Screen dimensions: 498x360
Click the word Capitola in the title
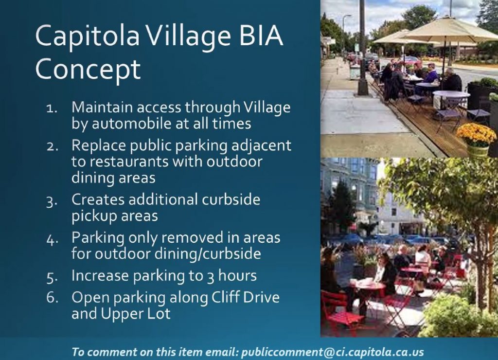(x=88, y=36)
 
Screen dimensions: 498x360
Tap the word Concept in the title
(x=88, y=69)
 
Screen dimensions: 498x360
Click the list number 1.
(x=52, y=108)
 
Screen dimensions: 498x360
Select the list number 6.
(x=53, y=297)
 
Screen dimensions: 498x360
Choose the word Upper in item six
(x=121, y=314)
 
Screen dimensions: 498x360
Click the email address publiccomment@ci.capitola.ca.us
(x=333, y=352)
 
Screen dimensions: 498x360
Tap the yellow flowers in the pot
(x=477, y=133)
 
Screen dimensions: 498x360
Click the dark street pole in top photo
(x=362, y=48)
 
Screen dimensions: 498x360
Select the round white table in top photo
(x=451, y=95)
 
